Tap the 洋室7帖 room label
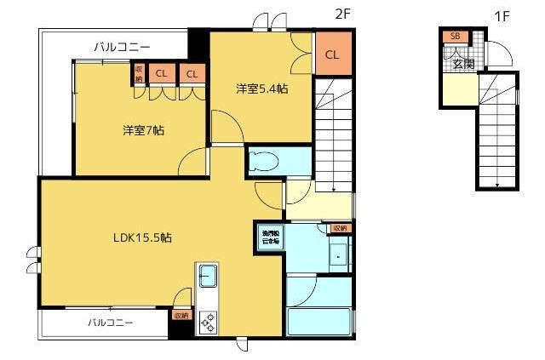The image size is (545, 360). point(142,130)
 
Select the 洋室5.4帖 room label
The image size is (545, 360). point(261,88)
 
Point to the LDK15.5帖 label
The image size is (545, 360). point(142,238)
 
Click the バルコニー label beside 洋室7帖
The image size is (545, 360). point(121,47)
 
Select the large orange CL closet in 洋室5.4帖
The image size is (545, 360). point(333,54)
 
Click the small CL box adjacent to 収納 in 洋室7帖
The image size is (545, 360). point(161,74)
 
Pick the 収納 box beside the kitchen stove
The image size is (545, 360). point(181,315)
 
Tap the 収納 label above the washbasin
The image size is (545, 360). point(340,228)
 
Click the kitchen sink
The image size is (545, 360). point(208,277)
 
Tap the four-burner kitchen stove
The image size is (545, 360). point(208,322)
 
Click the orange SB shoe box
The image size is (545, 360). point(454,36)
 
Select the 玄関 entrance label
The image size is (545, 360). point(462,64)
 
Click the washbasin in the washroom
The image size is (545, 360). point(338,254)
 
